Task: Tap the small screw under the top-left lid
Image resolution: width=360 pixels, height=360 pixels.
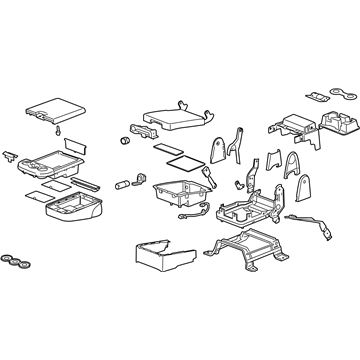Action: pos(59,132)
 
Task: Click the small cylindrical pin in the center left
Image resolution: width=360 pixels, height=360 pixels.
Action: pos(126,184)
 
